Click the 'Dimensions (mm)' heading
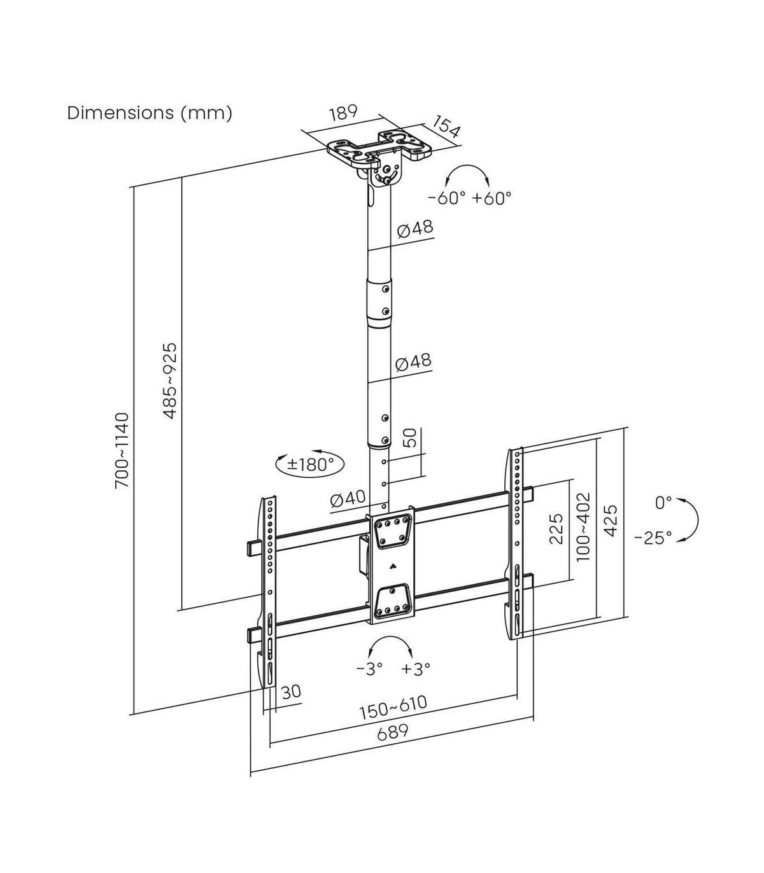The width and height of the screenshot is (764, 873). click(x=150, y=113)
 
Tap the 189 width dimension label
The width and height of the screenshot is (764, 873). click(x=343, y=113)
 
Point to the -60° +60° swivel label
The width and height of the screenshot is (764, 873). click(x=470, y=198)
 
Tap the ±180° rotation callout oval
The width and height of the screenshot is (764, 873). click(x=310, y=463)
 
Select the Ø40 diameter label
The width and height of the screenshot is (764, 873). click(x=348, y=499)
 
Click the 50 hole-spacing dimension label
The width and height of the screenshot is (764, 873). click(x=410, y=438)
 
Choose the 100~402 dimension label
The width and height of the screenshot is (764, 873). click(x=583, y=526)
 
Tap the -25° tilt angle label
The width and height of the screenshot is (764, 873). click(x=653, y=538)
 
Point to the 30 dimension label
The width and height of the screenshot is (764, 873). click(x=291, y=692)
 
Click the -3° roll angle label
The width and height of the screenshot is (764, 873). click(x=369, y=669)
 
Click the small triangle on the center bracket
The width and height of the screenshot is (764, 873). click(x=392, y=562)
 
